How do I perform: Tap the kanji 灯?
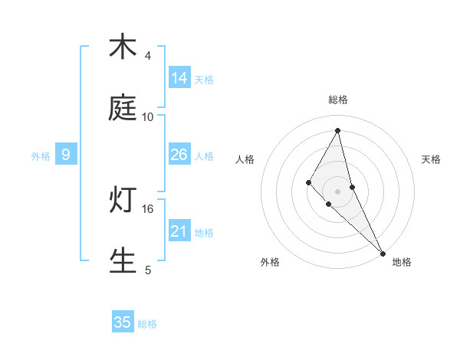point(123,200)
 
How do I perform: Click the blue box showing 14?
point(179,78)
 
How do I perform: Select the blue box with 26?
point(179,155)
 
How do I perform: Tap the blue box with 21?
point(179,231)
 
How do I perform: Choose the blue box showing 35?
point(123,322)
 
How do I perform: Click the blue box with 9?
point(66,155)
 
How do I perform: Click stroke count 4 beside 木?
point(148,56)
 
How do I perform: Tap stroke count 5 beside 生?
point(148,270)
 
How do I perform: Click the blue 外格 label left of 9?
point(41,156)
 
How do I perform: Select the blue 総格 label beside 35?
point(147,324)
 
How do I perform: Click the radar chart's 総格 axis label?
point(337,100)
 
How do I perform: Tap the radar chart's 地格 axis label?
point(402,262)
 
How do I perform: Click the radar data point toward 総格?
point(337,130)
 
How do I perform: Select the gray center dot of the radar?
point(337,191)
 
